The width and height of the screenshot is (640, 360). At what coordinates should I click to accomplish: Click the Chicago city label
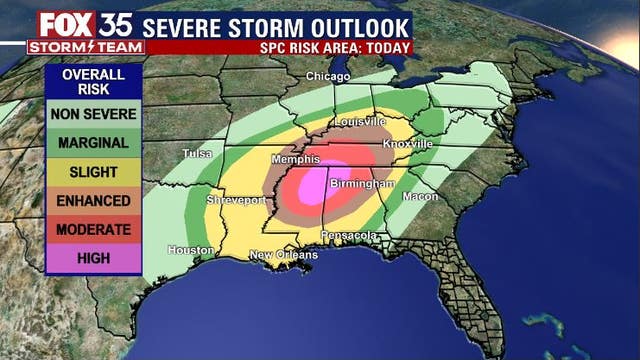coord(328,77)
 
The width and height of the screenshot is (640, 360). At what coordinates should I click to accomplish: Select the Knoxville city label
coord(407,144)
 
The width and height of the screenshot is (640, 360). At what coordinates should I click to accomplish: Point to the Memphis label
coord(296,158)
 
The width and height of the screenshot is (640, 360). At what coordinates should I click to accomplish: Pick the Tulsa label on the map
coord(198,154)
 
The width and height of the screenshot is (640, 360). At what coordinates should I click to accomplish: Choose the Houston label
coord(191,250)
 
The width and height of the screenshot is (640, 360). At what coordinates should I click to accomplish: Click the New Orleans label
coord(283,255)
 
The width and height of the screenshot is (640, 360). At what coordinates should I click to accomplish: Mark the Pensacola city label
coord(349,236)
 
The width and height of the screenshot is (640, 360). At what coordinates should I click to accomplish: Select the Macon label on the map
coord(420,197)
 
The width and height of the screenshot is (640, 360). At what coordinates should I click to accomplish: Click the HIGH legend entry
coord(93,258)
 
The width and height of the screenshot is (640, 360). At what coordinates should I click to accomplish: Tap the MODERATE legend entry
coord(93,229)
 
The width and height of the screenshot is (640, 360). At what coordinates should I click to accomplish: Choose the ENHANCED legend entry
coord(93,200)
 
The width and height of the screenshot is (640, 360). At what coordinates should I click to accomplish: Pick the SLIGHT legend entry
coord(93,172)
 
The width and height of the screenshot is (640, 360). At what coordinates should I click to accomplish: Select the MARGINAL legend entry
coord(93,143)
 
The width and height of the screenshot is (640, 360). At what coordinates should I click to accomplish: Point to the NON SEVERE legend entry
coord(93,114)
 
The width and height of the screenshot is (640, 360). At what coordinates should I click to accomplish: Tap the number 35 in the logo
coord(112,22)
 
